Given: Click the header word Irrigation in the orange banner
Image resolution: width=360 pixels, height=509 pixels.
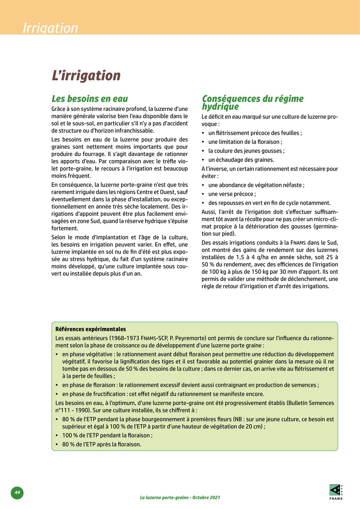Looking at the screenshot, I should [x=50, y=28].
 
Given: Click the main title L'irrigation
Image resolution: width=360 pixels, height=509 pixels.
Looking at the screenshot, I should [x=86, y=75].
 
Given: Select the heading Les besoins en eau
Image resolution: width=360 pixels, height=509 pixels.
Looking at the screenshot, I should [x=90, y=99].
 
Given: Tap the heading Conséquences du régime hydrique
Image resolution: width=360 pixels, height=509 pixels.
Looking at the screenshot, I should [x=253, y=102].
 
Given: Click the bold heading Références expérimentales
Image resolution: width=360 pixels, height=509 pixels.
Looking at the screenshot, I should [x=91, y=329].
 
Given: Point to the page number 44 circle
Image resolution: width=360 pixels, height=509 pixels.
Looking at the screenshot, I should [x=17, y=492].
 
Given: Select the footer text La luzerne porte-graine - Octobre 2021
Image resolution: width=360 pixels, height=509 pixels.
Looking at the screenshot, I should [x=180, y=497].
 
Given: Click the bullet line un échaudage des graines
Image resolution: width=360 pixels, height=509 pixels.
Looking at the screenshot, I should [x=241, y=160].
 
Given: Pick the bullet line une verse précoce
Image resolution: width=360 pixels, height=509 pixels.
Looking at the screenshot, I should [x=232, y=194].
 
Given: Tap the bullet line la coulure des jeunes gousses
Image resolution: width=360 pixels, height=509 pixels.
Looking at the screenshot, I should [x=246, y=151].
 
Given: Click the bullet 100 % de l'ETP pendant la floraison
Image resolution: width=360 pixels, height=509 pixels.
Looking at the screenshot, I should [x=107, y=435].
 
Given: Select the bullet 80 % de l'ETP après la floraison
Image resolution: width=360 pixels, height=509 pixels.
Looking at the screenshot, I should [x=102, y=444].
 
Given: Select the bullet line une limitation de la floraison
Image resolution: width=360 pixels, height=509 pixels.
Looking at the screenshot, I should [x=245, y=142].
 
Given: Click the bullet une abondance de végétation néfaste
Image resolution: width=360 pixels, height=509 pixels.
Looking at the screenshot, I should [x=256, y=185].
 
